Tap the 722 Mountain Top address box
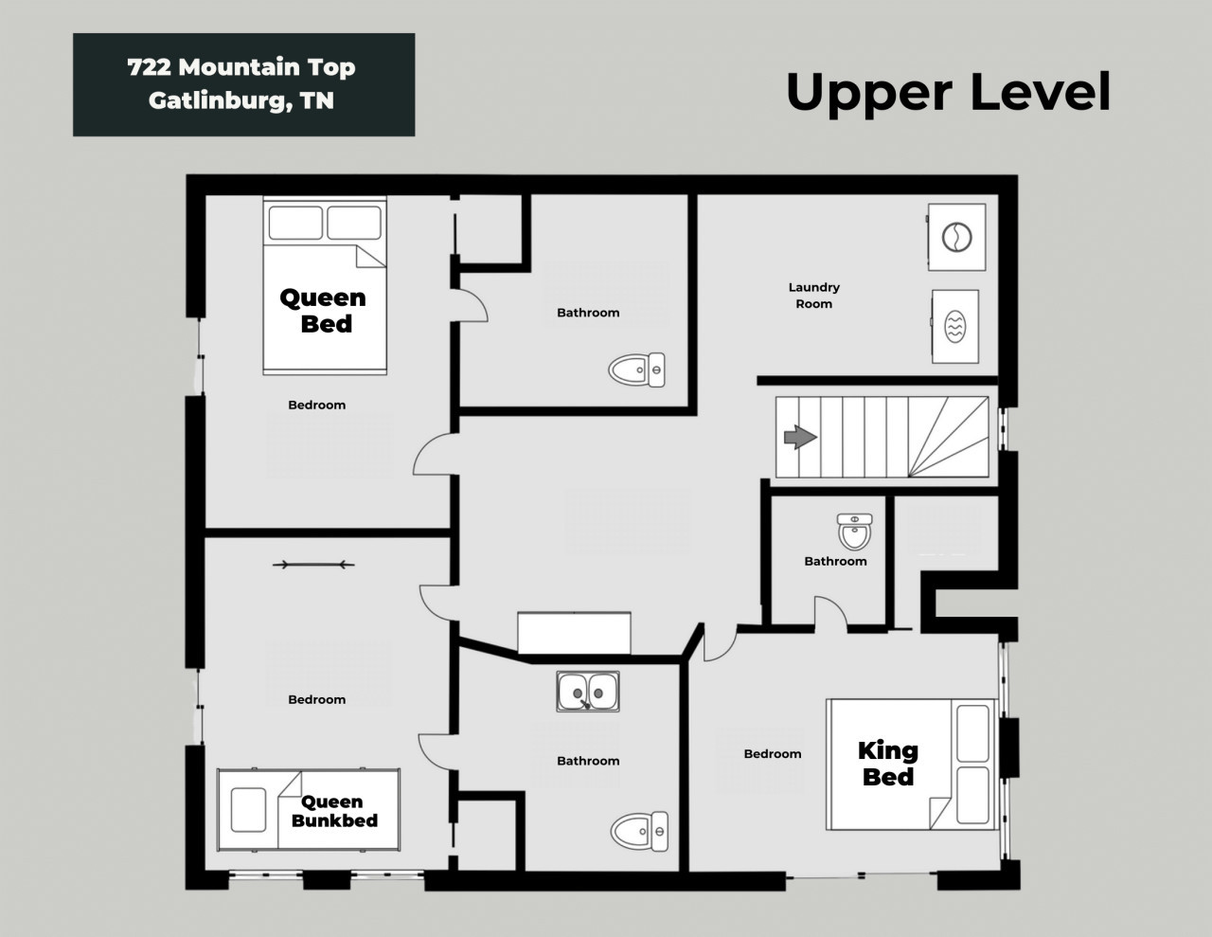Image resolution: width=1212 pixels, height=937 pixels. tap(243, 84)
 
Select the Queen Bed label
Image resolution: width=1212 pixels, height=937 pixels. tap(323, 311)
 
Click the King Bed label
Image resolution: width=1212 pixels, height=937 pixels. tap(888, 764)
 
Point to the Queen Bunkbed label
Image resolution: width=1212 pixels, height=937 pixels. tap(334, 811)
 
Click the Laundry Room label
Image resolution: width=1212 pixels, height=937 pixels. tap(813, 296)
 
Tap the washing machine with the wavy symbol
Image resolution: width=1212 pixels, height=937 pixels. tap(954, 327)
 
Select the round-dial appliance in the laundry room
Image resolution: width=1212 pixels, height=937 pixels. tap(956, 237)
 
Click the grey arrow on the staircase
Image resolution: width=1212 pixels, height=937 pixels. tap(800, 437)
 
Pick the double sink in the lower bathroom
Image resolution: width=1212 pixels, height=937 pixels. tap(588, 692)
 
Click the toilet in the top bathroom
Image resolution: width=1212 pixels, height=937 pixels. tap(636, 369)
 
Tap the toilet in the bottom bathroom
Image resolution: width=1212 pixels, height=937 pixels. tap(639, 832)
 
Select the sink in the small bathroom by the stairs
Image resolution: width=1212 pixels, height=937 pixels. tap(854, 532)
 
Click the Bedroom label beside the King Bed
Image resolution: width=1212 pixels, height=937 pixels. tap(773, 754)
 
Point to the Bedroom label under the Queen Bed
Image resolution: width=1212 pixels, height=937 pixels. tap(317, 405)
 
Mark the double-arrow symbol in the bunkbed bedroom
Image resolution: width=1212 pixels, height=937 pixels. tap(313, 565)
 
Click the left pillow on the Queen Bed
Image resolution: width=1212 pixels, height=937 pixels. tap(295, 223)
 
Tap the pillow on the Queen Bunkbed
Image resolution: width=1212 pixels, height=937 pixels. tap(248, 810)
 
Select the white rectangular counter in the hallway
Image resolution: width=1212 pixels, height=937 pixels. tap(574, 633)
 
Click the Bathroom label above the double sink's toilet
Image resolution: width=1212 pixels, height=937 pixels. tap(588, 761)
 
